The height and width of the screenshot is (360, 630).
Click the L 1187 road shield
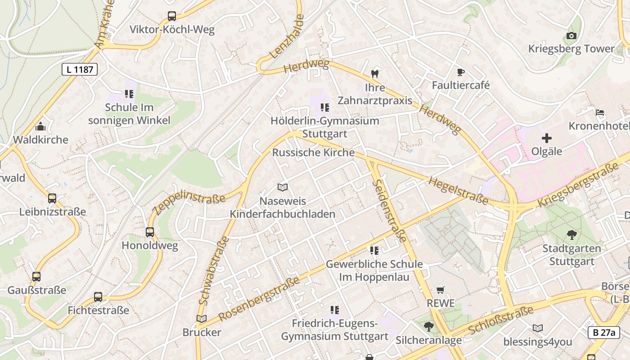[x=79, y=69]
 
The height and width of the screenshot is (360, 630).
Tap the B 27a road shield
[x=603, y=333]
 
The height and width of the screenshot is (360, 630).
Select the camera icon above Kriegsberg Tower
[x=571, y=36]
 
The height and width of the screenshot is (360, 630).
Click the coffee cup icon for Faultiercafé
[x=460, y=72]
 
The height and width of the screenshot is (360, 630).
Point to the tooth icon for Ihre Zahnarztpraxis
[x=374, y=73]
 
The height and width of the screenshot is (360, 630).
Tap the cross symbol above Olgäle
[x=546, y=138]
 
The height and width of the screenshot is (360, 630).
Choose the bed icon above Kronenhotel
[x=599, y=112]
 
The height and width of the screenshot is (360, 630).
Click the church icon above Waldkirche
[x=40, y=126]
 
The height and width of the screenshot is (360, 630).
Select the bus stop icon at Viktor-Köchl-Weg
[x=172, y=16]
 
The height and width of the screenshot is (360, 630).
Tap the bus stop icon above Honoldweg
[x=150, y=232]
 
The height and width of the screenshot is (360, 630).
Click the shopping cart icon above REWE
[x=441, y=290]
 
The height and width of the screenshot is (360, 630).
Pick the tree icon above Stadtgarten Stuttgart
[x=571, y=234]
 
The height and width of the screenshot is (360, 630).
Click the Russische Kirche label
[x=313, y=153]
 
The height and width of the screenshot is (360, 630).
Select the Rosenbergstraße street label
[x=259, y=299]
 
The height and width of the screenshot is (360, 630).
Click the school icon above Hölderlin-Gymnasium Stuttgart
[x=324, y=108]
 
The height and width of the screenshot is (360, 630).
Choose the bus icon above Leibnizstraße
[x=52, y=198]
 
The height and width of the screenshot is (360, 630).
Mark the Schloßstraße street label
[x=500, y=320]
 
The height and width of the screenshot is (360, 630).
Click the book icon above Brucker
[x=202, y=319]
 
